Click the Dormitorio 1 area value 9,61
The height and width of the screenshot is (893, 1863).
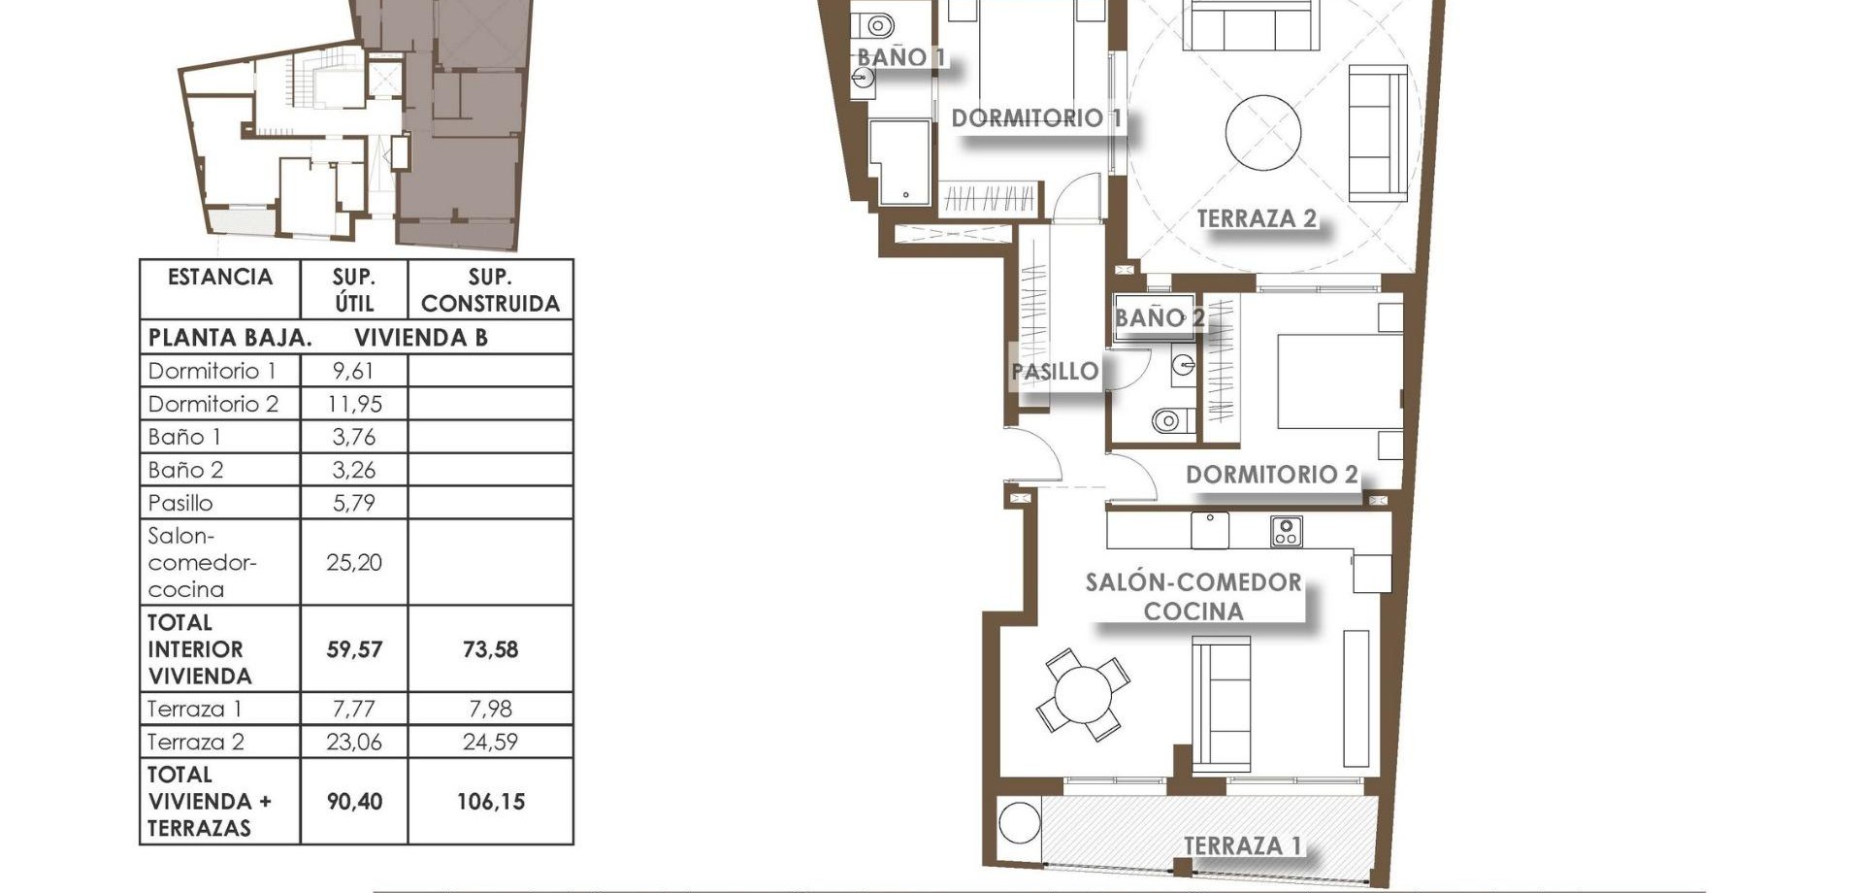(353, 371)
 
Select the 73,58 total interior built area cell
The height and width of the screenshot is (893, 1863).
(490, 648)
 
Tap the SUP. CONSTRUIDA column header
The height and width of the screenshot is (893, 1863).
(490, 290)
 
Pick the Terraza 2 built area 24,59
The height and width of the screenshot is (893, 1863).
(490, 742)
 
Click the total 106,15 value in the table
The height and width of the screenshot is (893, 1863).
(490, 802)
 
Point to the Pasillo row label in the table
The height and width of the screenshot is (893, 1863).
(180, 503)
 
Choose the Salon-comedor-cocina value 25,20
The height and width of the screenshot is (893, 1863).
(353, 562)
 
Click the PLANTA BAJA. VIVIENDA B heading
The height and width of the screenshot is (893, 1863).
(317, 338)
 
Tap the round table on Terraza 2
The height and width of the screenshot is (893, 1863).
(1262, 132)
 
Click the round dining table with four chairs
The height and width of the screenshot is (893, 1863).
(1083, 694)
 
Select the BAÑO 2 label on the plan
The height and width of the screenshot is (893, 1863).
(1159, 317)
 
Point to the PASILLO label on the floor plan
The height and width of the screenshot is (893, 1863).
(1054, 371)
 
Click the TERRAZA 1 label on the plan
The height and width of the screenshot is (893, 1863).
(1242, 845)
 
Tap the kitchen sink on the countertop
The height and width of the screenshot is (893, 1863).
(1210, 530)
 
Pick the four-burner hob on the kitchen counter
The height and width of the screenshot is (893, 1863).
(1286, 531)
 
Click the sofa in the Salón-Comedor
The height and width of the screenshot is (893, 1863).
(1222, 705)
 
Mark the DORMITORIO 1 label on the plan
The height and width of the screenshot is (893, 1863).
(1036, 118)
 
